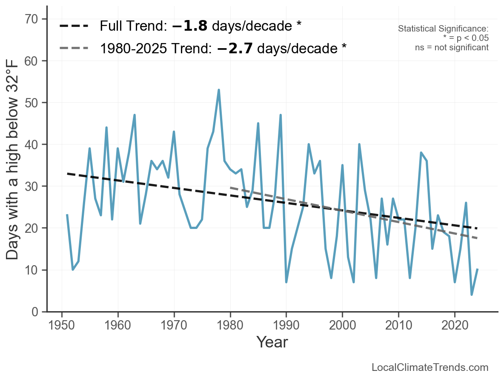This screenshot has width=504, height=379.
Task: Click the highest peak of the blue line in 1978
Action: coord(219,90)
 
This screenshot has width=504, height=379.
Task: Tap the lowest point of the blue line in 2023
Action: coord(472,295)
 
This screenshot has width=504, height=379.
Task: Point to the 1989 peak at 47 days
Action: coord(281,115)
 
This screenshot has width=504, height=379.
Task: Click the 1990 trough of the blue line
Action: coord(286,282)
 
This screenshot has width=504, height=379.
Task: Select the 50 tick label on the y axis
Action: coord(33,103)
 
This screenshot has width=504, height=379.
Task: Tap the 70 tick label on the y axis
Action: coord(33,19)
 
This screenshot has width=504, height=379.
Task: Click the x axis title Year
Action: coord(272,342)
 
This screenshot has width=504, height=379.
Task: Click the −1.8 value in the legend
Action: coord(190,26)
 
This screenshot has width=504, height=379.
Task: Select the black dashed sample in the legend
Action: coord(74,26)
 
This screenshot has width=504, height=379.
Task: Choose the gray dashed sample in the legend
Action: coord(74,48)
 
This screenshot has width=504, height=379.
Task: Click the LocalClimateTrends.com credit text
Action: coord(430,367)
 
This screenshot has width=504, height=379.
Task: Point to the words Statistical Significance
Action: coord(443,29)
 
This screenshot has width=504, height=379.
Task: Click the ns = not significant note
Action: coord(452,47)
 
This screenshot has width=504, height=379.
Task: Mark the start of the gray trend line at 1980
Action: coord(230,188)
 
